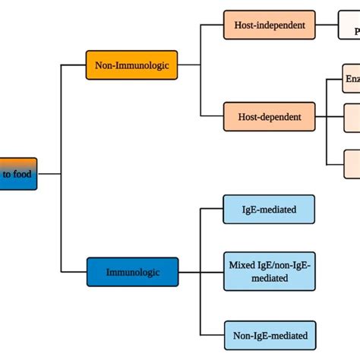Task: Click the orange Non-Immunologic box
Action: [132, 65]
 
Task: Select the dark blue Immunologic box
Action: [132, 271]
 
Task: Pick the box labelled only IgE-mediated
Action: [269, 209]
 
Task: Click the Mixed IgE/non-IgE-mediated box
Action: [269, 271]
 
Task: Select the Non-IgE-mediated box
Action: [269, 334]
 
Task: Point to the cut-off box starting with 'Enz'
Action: [352, 78]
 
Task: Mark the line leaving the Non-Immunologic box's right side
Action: [190, 65]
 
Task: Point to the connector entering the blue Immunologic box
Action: [74, 271]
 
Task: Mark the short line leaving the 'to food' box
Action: [49, 174]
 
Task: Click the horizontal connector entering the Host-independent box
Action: [212, 25]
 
